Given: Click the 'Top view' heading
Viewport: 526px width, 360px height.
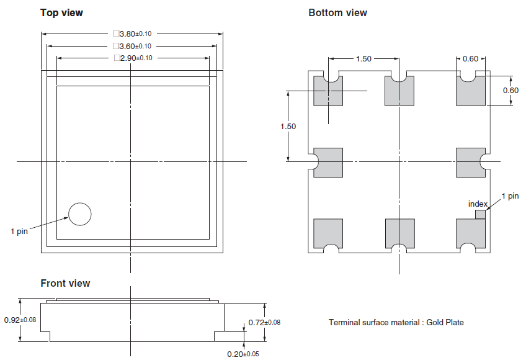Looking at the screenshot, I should point(61,12).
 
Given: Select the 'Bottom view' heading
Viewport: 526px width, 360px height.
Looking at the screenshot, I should point(337,12).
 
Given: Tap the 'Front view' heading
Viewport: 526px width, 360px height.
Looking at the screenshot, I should point(65,283).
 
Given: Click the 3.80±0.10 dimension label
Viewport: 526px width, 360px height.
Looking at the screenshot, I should point(132,34).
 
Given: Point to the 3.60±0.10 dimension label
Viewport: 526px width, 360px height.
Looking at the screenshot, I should point(132,46).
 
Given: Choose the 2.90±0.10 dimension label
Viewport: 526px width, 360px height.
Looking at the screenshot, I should point(132,58).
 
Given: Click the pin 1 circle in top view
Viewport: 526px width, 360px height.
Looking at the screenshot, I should point(79,214).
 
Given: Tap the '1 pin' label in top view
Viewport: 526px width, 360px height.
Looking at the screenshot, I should point(19,232).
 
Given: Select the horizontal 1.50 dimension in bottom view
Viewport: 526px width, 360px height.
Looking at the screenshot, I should point(363,58).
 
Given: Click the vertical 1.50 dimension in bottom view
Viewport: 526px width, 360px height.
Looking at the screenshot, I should point(288,126).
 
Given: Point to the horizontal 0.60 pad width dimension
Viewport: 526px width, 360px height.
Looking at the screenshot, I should point(471,58).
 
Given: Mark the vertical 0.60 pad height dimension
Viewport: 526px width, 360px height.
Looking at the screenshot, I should point(510,90).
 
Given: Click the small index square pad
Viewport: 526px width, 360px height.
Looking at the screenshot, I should point(480,214).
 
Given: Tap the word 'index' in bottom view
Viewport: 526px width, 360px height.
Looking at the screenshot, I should point(478,204).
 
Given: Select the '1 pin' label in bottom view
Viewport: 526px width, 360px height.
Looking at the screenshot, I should point(509,196).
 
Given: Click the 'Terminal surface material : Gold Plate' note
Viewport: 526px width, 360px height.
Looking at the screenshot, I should point(396,322).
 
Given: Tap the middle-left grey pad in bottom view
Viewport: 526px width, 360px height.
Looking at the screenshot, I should point(328,162).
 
